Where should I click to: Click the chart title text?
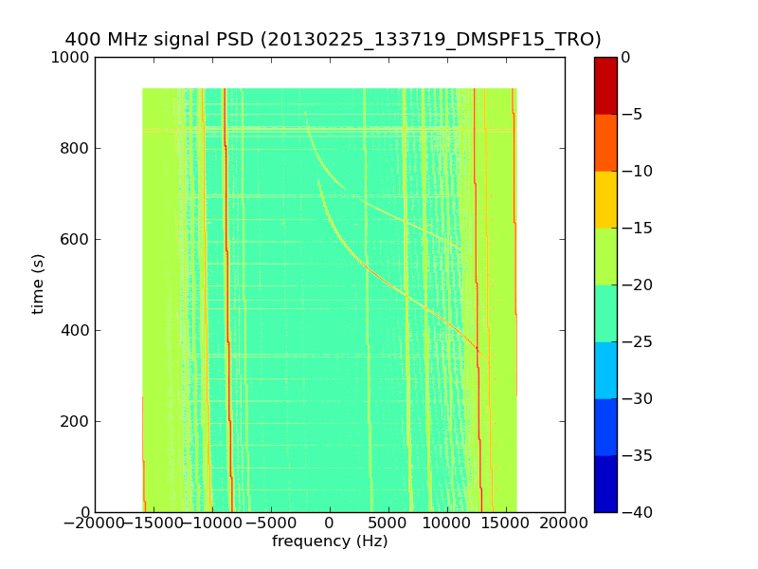333,40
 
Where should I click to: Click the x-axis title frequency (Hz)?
330,541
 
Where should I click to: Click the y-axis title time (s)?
38,284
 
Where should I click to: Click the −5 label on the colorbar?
631,114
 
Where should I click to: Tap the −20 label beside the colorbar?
635,284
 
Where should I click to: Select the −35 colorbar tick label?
635,455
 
